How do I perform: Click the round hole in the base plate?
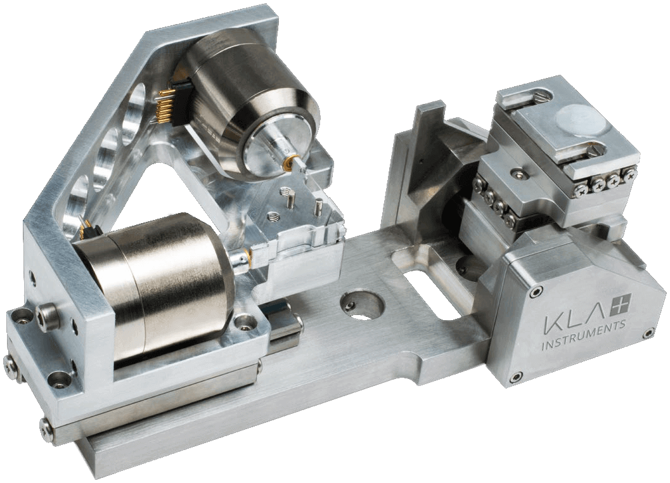pyautogui.click(x=361, y=304)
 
